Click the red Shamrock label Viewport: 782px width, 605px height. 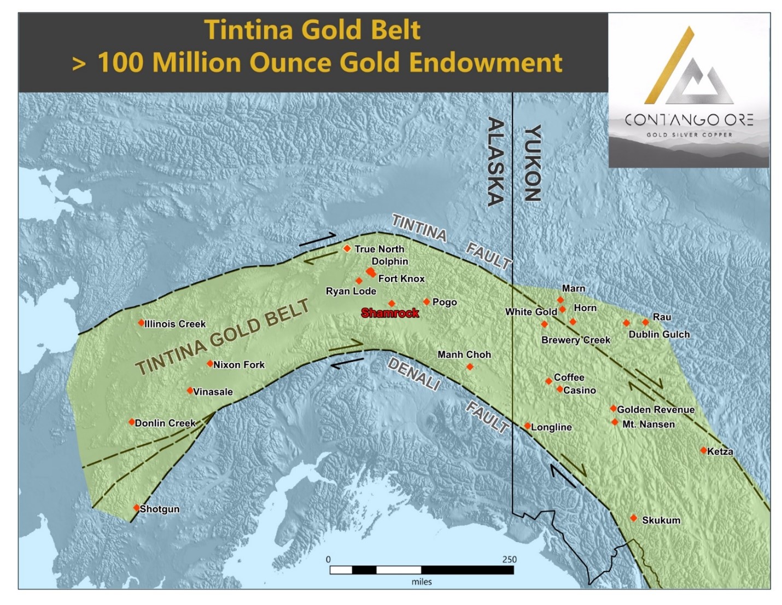(x=390, y=313)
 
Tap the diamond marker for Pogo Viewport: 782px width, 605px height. (x=427, y=301)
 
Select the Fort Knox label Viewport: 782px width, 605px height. (x=401, y=278)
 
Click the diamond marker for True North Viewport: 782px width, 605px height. (x=347, y=248)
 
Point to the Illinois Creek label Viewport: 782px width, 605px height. (x=175, y=324)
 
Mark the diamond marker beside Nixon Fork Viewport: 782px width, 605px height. (x=209, y=363)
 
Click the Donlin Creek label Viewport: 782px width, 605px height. (x=165, y=423)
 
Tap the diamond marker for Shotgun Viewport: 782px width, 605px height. (x=137, y=508)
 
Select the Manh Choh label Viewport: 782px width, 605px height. (x=464, y=354)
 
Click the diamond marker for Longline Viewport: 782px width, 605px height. (x=527, y=426)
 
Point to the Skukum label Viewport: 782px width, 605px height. (x=661, y=520)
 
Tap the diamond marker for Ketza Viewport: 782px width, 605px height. (x=703, y=450)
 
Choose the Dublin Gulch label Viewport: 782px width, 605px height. (x=659, y=334)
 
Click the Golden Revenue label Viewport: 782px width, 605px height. (x=656, y=409)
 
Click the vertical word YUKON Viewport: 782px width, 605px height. (x=532, y=163)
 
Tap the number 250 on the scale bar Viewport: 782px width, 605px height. (x=509, y=559)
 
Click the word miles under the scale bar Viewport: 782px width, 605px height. (x=421, y=582)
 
